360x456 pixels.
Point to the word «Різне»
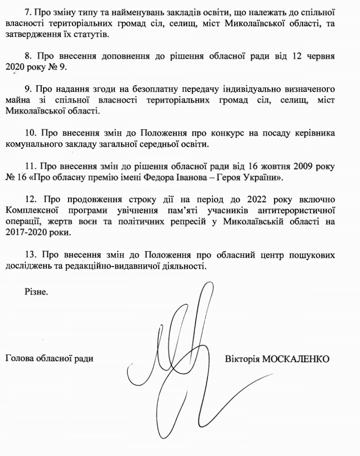[x=36, y=291]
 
